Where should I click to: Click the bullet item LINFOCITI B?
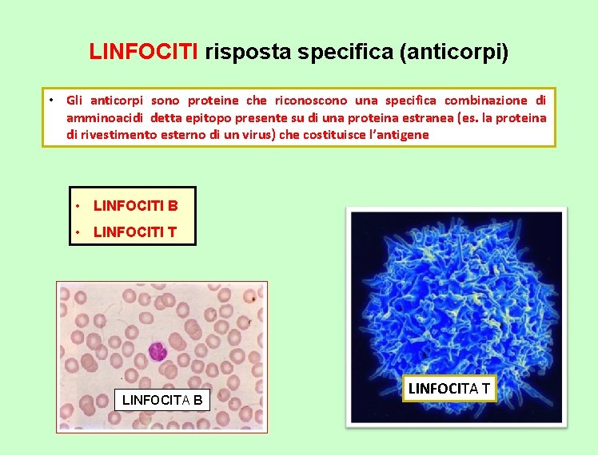click(135, 205)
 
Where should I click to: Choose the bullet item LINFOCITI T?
click(134, 232)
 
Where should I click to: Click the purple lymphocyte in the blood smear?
click(156, 350)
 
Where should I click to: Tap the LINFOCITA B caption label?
click(162, 399)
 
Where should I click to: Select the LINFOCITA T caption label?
click(450, 389)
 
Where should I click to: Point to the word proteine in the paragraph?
click(213, 100)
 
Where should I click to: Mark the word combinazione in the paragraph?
click(485, 100)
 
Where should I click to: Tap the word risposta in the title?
click(241, 53)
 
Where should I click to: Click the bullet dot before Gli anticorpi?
click(50, 100)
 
